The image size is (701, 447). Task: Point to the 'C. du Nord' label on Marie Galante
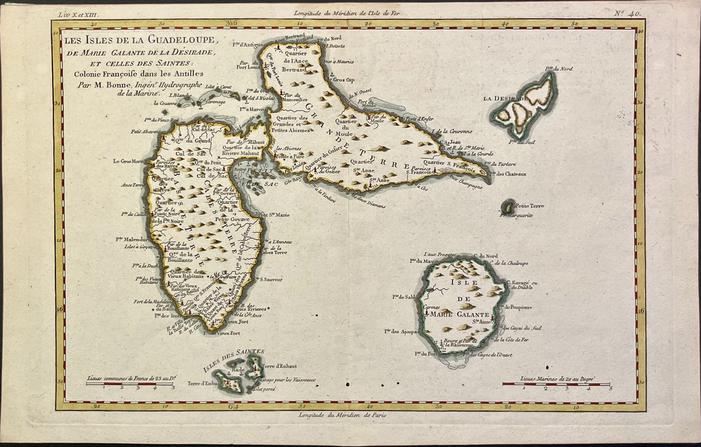point(486,256)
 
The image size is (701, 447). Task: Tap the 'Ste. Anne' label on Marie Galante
point(481,320)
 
